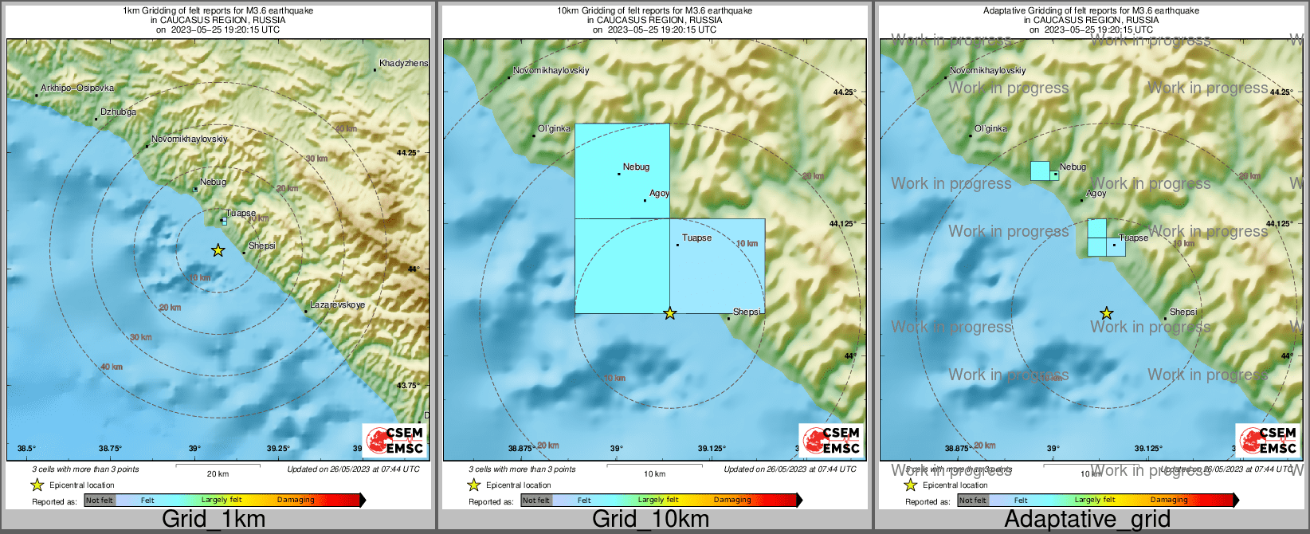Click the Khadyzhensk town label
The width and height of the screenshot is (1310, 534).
403,63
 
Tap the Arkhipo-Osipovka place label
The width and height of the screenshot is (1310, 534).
77,88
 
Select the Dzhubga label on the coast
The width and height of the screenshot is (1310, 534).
118,112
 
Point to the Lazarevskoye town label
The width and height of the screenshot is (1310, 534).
337,304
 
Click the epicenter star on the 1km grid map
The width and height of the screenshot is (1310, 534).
218,250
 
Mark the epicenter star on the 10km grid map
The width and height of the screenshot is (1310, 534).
670,313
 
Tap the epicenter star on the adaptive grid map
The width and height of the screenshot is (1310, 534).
1106,313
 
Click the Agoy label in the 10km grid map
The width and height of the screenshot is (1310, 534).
660,193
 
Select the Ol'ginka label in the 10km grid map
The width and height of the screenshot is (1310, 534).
555,128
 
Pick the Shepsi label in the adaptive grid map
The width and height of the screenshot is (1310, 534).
1183,312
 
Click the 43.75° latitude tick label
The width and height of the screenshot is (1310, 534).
408,386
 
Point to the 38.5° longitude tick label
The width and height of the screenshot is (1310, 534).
27,448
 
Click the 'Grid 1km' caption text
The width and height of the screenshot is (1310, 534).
214,520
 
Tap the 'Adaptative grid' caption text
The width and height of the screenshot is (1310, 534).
1087,520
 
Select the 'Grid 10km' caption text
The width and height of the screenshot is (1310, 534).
650,520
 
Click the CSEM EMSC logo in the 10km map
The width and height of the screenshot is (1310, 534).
832,440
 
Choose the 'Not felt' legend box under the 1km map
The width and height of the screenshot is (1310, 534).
100,501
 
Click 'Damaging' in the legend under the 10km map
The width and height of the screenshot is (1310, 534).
732,501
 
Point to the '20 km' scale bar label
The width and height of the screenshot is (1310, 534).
218,473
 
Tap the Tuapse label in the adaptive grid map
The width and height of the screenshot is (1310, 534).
1134,238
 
